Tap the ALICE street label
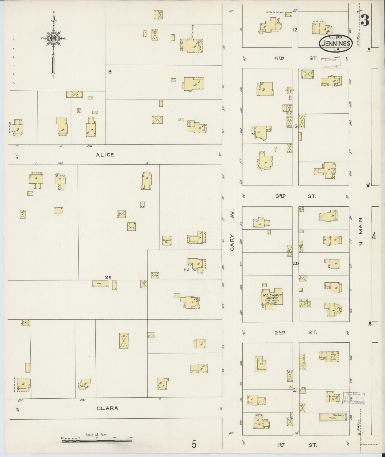point(105,155)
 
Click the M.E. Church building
point(271,298)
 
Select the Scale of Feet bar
point(97,441)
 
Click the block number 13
point(295,126)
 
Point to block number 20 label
point(295,263)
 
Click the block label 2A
point(108,277)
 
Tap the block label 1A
point(109,71)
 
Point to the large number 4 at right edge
point(374,236)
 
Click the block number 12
point(295,30)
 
